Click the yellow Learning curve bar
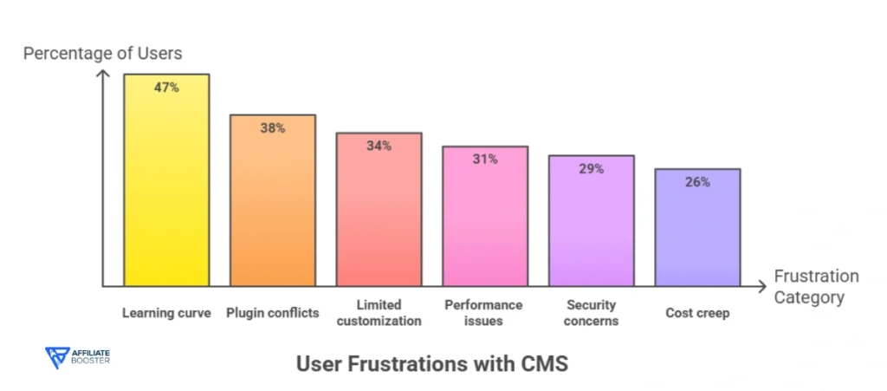(x=166, y=191)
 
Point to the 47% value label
(x=166, y=88)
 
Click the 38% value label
(x=272, y=127)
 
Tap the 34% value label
(x=379, y=146)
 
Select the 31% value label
(x=485, y=159)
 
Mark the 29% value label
(x=592, y=168)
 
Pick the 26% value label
(x=697, y=182)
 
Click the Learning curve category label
(x=166, y=313)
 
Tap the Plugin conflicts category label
(x=272, y=313)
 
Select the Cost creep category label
(x=697, y=313)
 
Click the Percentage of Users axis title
(x=102, y=54)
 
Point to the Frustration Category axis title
(x=815, y=287)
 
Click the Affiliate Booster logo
(x=77, y=358)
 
